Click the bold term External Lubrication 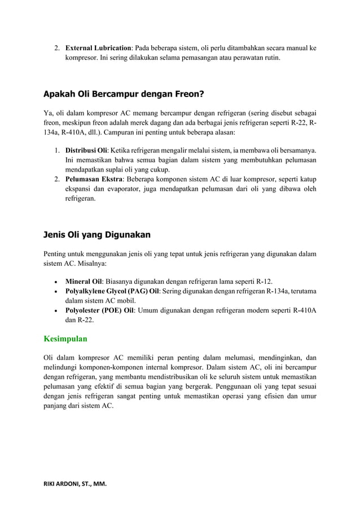98,48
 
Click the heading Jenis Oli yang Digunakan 96,234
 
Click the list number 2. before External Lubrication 58,48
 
